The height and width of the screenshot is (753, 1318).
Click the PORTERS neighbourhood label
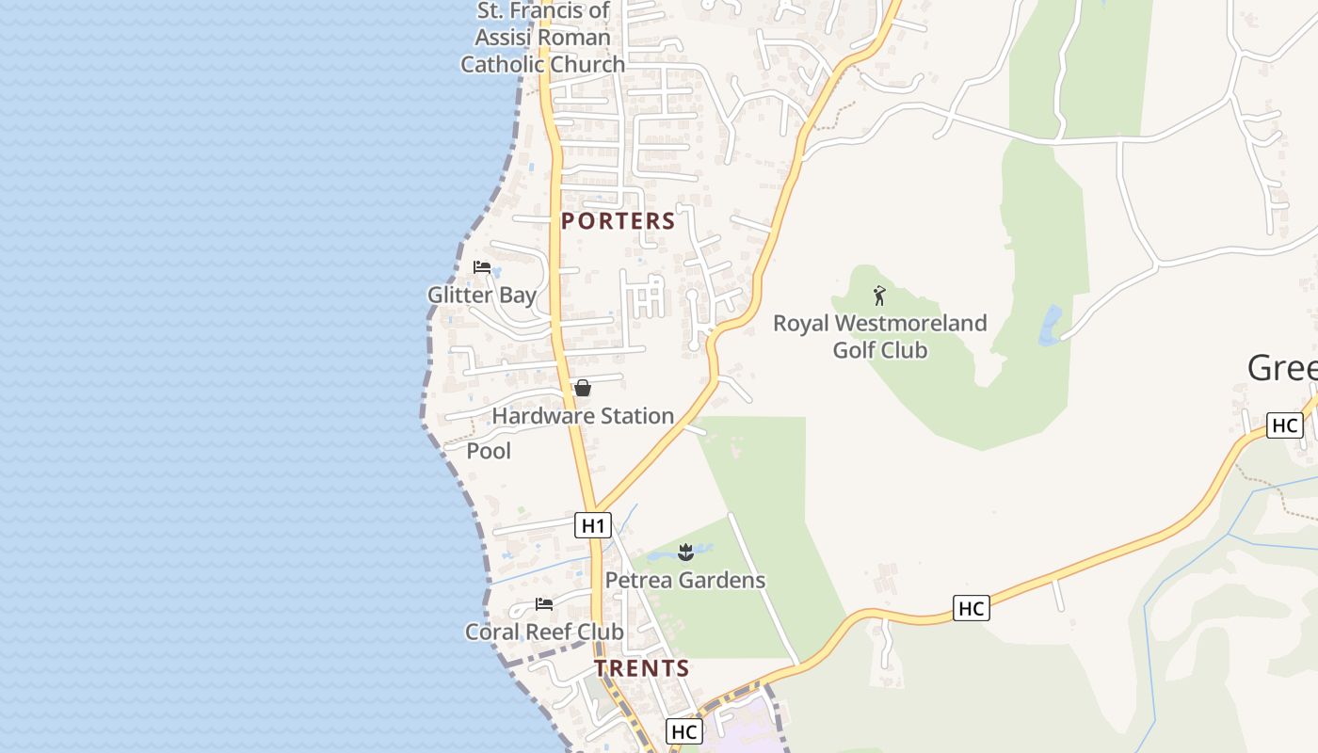[619, 221]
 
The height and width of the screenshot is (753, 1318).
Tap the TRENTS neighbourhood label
[642, 668]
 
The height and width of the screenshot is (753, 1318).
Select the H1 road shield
[593, 524]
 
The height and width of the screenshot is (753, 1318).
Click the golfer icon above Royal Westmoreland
[879, 296]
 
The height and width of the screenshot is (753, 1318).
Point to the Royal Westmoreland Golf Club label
[880, 337]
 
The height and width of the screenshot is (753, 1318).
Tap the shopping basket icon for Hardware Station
[583, 388]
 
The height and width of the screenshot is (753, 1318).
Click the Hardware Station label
[583, 416]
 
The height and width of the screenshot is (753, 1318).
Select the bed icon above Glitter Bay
[482, 267]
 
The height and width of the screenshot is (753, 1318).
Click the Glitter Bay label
[482, 295]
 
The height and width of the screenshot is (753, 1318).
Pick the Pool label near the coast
[490, 451]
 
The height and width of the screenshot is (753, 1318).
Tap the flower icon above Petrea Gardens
[685, 552]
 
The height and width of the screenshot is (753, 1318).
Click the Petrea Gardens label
[685, 580]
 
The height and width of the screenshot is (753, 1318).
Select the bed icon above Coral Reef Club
[544, 603]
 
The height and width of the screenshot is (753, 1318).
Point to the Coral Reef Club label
[544, 632]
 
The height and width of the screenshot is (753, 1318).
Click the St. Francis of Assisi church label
[542, 38]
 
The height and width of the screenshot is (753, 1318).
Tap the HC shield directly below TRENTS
[684, 731]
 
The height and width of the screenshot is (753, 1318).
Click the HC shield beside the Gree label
[1285, 425]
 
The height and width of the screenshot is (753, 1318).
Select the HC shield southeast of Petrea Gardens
[971, 608]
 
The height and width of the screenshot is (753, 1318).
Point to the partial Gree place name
[1282, 368]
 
